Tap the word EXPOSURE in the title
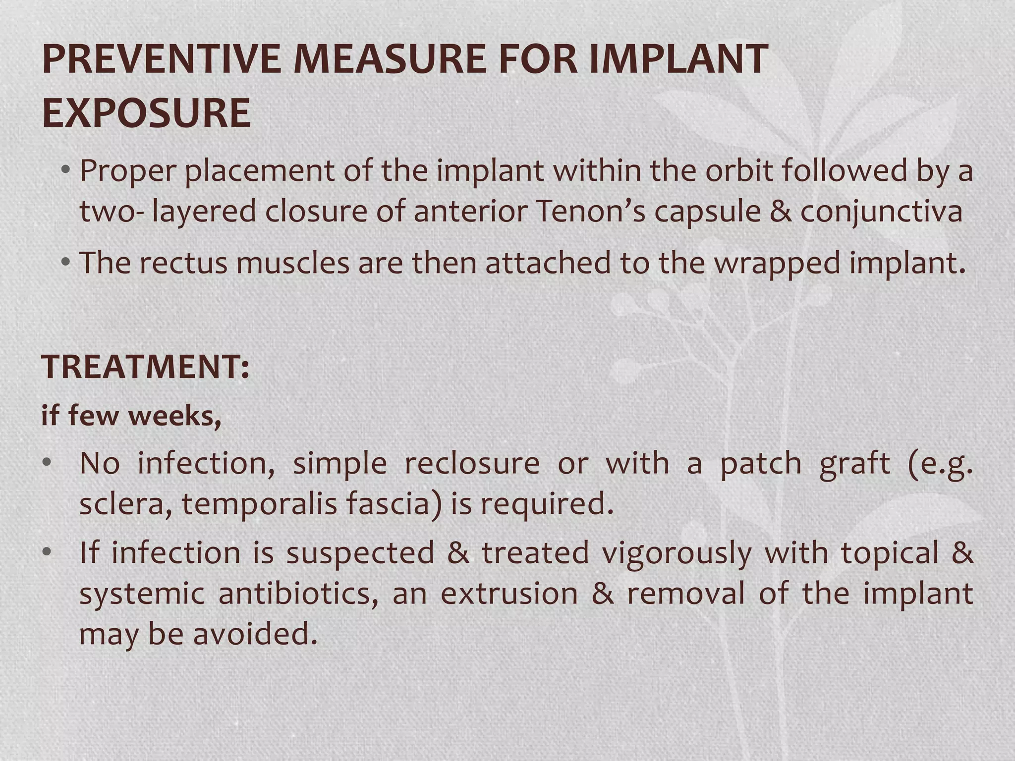tap(147, 113)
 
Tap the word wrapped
tap(777, 264)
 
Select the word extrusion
tap(509, 594)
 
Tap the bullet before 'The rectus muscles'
tap(65, 263)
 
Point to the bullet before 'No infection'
tap(47, 464)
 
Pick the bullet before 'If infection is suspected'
tap(47, 552)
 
